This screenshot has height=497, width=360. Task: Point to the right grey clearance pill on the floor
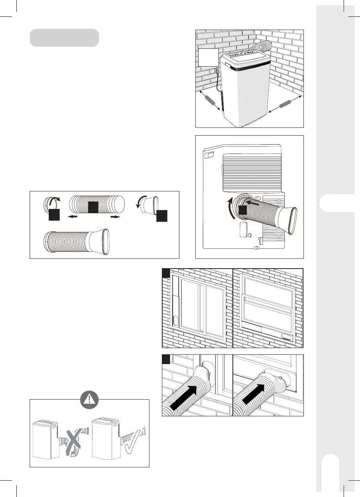[285, 104]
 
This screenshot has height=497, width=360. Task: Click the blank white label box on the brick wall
[208, 58]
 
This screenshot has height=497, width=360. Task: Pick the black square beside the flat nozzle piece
[161, 216]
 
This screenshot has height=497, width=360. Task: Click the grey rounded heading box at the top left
[64, 37]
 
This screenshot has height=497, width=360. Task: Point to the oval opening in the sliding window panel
[175, 320]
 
